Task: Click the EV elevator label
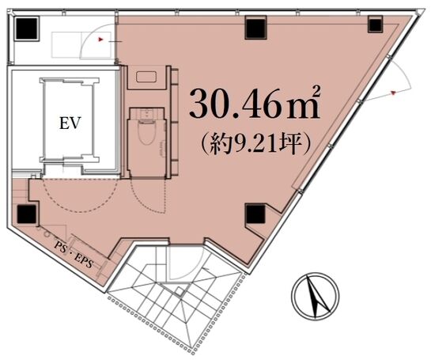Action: pyautogui.click(x=70, y=123)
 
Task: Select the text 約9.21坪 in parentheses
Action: pyautogui.click(x=256, y=143)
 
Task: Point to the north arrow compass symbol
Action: pyautogui.click(x=316, y=296)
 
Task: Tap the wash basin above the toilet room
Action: pyautogui.click(x=146, y=77)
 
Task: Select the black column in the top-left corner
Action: pyautogui.click(x=26, y=28)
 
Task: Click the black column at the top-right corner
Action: pyautogui.click(x=375, y=25)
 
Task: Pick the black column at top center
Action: pyautogui.click(x=255, y=28)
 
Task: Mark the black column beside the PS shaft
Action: pyautogui.click(x=26, y=214)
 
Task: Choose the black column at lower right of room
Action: pyautogui.click(x=255, y=214)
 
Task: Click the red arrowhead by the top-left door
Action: pyautogui.click(x=100, y=40)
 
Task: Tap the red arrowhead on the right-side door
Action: pyautogui.click(x=393, y=92)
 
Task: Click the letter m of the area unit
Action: pyautogui.click(x=302, y=108)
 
